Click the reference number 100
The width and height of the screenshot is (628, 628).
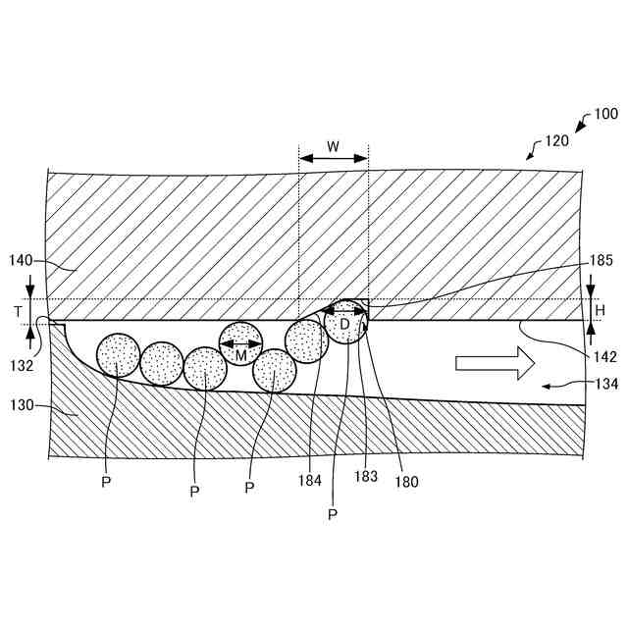(x=605, y=116)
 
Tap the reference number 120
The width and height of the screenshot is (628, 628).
(x=555, y=140)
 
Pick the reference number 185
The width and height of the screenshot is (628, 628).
(x=602, y=261)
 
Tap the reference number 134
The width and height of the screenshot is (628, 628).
(x=605, y=385)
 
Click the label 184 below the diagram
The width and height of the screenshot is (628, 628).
(x=311, y=481)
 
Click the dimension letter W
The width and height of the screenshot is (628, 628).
(x=334, y=146)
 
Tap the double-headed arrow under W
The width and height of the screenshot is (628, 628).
(x=334, y=159)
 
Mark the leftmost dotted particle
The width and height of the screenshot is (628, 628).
(x=118, y=356)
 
